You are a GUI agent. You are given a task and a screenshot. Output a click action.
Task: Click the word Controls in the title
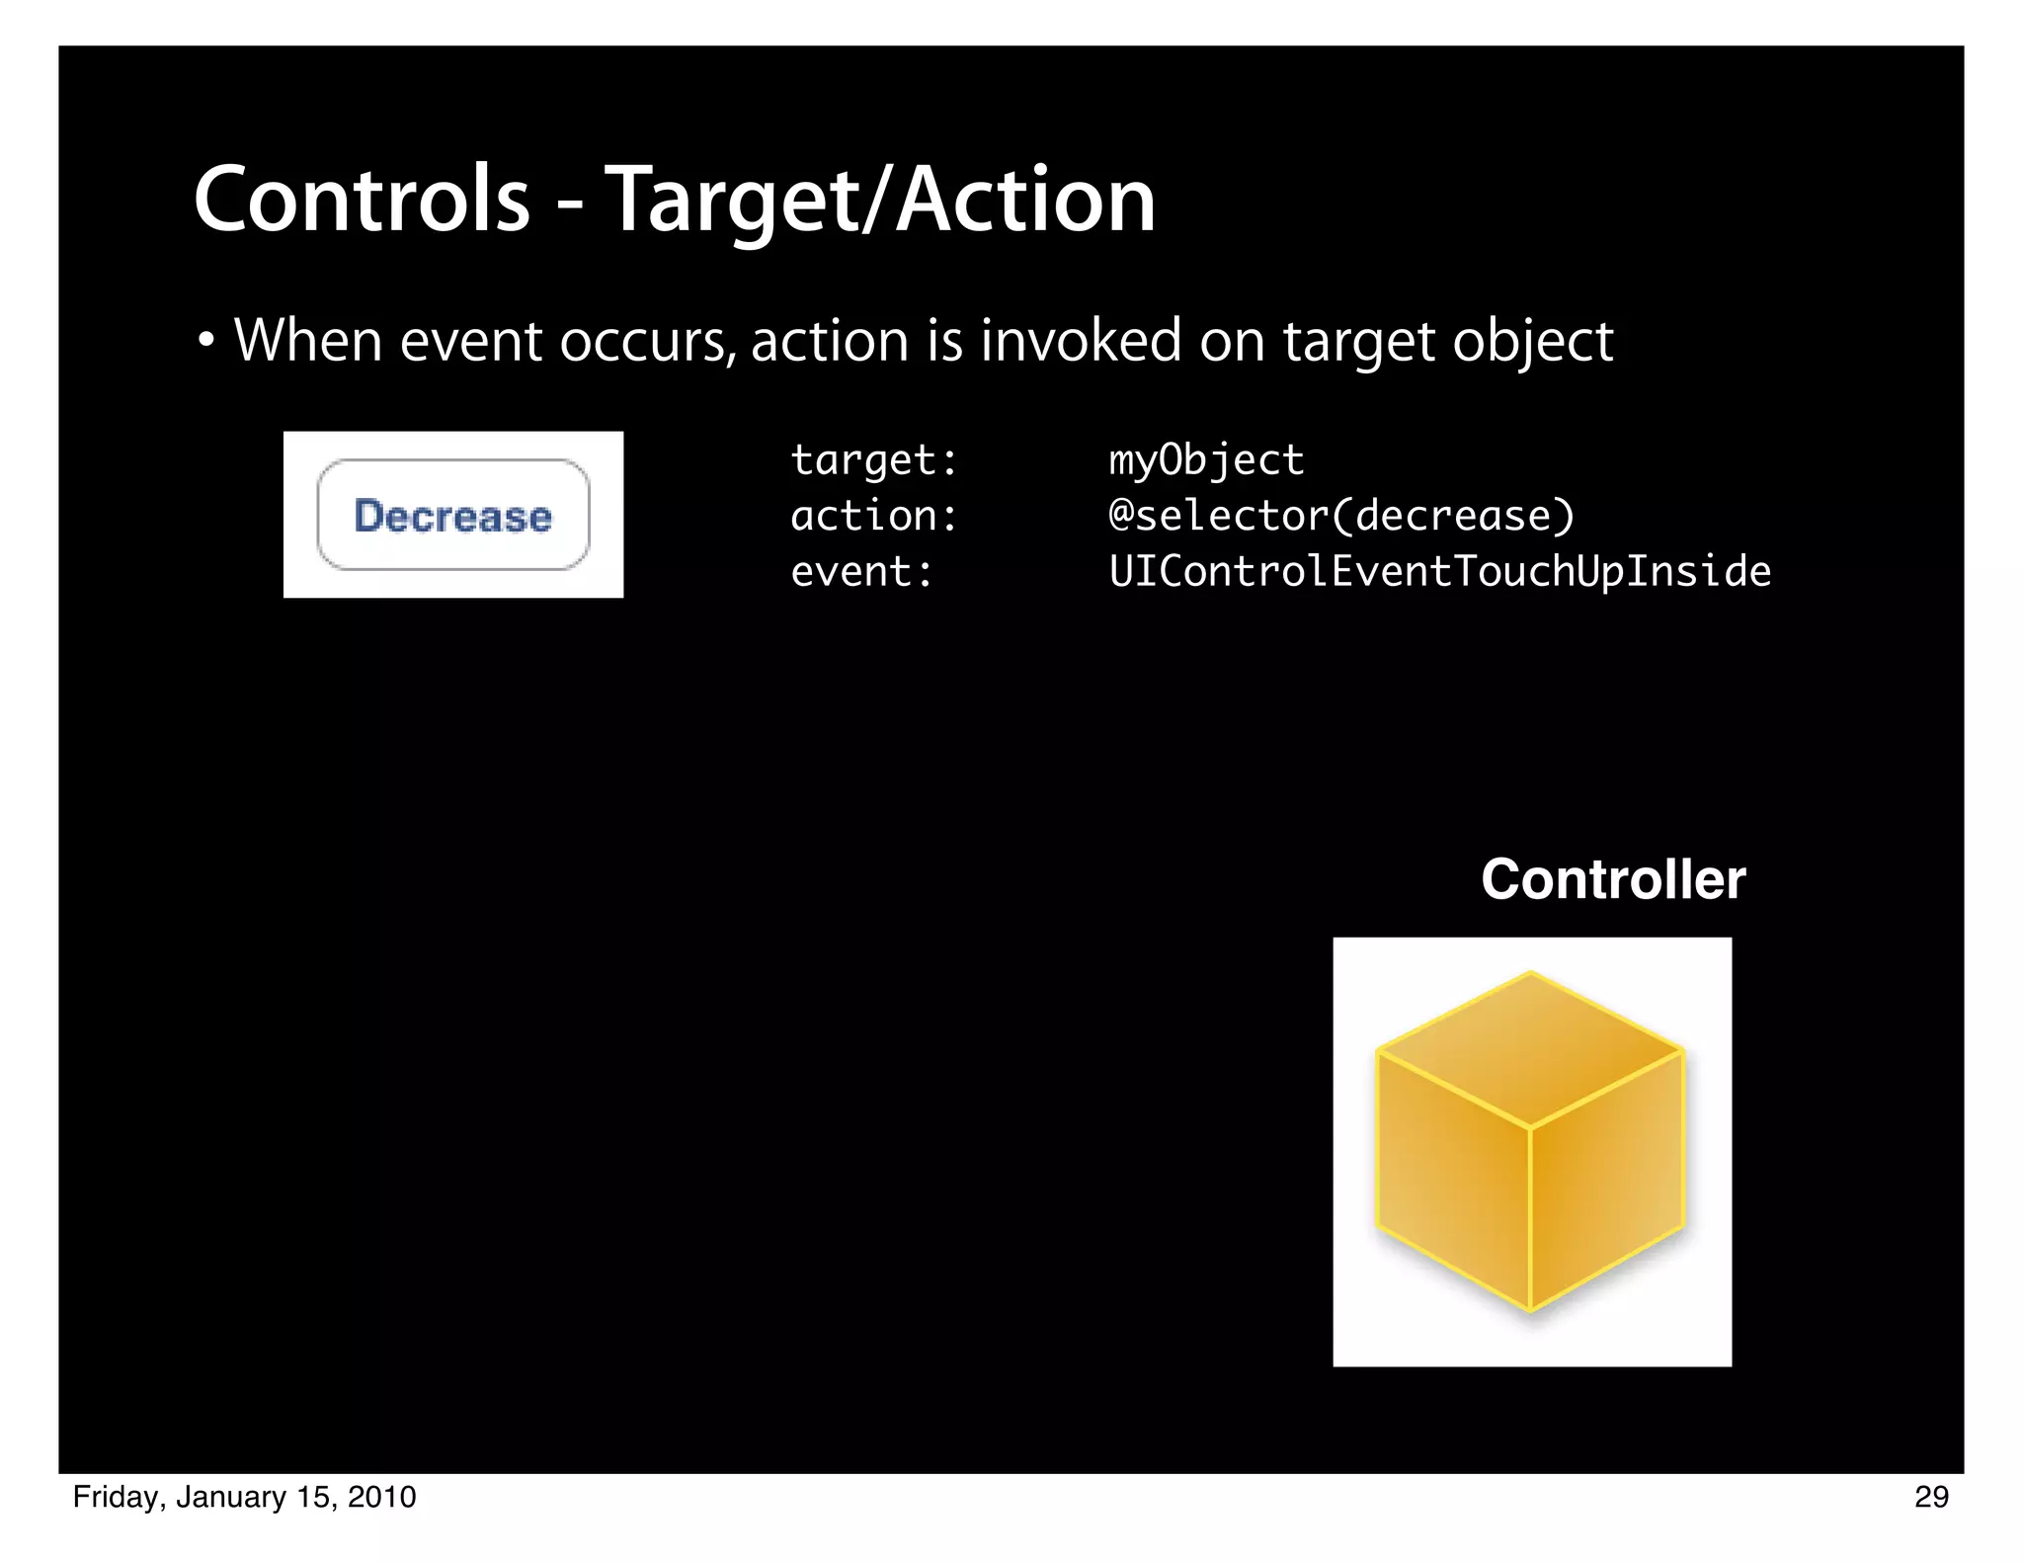[362, 201]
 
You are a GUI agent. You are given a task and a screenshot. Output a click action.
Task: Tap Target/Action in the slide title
[879, 201]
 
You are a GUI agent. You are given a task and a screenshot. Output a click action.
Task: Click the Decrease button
[453, 515]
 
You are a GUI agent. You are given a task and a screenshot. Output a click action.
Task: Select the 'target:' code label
[874, 460]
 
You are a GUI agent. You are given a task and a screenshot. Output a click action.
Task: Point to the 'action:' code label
[874, 516]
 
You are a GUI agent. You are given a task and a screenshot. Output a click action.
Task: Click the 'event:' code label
[861, 572]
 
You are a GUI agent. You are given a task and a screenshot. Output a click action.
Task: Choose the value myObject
[1206, 460]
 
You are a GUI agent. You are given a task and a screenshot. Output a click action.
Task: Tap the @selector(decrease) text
[1341, 516]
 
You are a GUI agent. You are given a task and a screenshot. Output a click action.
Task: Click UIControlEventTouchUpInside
[1439, 572]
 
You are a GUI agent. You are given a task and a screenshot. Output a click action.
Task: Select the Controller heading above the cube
[1613, 879]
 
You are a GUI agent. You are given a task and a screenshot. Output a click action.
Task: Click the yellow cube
[1530, 1146]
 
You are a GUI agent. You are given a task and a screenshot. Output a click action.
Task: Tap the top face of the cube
[1530, 1047]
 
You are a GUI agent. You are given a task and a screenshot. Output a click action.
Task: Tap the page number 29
[1931, 1497]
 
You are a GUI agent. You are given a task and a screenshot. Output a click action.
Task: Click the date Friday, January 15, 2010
[245, 1497]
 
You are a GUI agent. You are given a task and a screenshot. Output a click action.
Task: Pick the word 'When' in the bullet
[308, 341]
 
